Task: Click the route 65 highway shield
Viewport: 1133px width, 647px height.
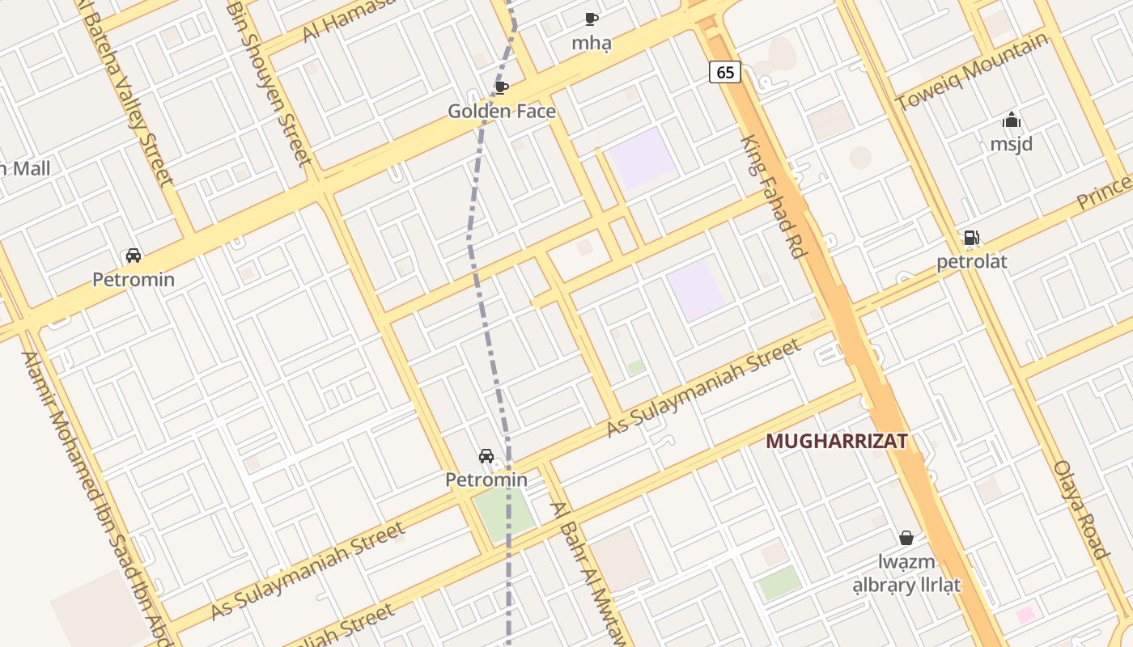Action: [725, 72]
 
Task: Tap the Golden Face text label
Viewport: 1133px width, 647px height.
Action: [502, 112]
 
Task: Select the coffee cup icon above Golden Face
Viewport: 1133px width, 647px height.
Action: [501, 87]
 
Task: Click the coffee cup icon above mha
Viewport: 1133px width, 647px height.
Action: [592, 19]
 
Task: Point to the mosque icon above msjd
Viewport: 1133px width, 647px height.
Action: [1012, 121]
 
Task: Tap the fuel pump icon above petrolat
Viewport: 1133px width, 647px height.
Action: [971, 238]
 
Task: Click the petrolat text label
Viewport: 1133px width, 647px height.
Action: [971, 262]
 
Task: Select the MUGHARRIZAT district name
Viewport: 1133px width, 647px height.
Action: [836, 442]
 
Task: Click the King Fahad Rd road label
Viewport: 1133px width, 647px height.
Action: [774, 197]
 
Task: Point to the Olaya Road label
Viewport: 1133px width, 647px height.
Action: [1080, 510]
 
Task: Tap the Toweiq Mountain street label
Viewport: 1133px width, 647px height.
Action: [971, 74]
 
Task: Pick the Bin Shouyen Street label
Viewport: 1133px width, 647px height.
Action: [270, 81]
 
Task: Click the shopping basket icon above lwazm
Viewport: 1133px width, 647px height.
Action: [906, 538]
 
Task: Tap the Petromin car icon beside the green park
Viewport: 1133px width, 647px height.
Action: [486, 456]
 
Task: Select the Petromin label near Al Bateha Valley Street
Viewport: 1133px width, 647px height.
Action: [134, 280]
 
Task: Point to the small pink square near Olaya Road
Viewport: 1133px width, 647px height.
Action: [1025, 615]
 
